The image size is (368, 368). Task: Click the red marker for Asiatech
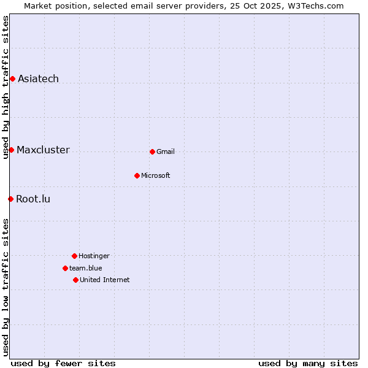coord(12,79)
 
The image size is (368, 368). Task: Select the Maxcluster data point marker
coord(11,150)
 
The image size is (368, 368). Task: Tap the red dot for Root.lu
coord(10,199)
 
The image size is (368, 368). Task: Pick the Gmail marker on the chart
coord(152,151)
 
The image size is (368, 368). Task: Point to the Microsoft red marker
coord(137,175)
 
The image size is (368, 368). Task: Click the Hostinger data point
coord(74,256)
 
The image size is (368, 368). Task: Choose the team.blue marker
coord(65,268)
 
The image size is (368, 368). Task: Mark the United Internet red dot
coord(75,280)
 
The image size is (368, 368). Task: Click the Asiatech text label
coord(38,79)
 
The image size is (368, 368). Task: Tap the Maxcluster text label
coord(43,150)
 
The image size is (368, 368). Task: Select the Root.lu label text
coord(33,199)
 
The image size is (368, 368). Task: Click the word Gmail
coord(166,151)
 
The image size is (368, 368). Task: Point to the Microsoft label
coord(156,175)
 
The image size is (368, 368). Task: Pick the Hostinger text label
coord(94,256)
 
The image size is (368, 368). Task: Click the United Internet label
coord(105,280)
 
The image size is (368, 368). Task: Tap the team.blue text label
coord(86,268)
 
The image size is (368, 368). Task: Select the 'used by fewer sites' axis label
coord(63,363)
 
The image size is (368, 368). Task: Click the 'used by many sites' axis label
coord(308,363)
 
